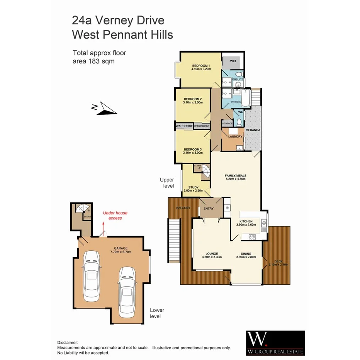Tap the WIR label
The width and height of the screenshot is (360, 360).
tap(233, 61)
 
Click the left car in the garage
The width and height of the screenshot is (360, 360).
tap(92, 276)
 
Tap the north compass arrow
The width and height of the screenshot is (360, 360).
tap(104, 108)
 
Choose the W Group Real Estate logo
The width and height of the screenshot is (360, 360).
tap(275, 343)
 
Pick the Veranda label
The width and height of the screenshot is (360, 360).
tap(253, 130)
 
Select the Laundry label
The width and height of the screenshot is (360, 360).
tap(235, 136)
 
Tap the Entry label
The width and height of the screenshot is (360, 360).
tap(209, 209)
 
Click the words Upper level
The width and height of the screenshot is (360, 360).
tap(167, 183)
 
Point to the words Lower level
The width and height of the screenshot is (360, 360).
tap(157, 313)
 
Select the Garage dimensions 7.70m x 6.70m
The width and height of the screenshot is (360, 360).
tap(121, 252)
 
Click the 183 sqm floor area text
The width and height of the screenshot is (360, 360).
tap(93, 61)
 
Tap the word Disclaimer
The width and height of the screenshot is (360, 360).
tap(68, 343)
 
